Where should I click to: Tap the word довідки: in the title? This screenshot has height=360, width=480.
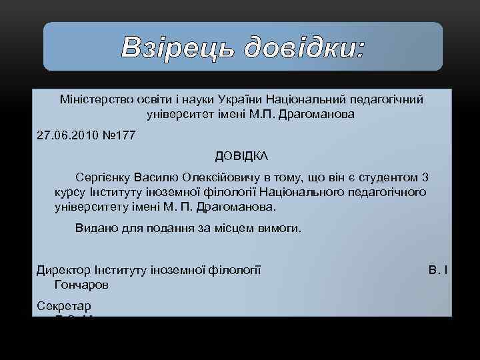pyautogui.click(x=303, y=47)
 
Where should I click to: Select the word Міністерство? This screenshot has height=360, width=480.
pyautogui.click(x=89, y=99)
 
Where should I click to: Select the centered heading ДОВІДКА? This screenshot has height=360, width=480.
pyautogui.click(x=241, y=156)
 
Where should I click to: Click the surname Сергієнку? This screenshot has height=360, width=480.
pyautogui.click(x=103, y=178)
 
